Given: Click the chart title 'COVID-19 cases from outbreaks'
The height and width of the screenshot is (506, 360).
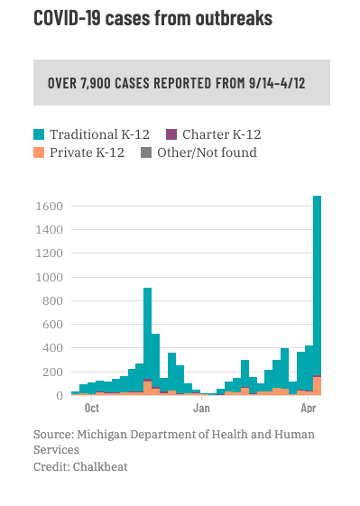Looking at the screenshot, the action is coord(152,18).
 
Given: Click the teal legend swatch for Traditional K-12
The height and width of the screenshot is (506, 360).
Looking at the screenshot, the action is coord(39,134).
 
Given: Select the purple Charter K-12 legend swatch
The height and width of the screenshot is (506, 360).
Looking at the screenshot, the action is coord(171,134).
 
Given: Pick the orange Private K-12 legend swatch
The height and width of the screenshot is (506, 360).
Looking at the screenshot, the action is coord(39,152).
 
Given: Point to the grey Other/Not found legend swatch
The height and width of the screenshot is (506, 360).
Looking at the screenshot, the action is coord(146,152).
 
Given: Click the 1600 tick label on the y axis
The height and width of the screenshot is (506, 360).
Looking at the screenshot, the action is coord(49,207).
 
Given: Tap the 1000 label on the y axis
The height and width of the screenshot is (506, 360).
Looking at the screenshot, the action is coord(49,277).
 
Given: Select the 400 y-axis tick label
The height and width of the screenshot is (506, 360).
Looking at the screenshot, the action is coord(52,348).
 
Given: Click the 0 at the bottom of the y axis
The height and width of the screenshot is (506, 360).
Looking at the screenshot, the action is coord(60,395).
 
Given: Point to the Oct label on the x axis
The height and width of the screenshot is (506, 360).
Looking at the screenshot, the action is coord(92,409).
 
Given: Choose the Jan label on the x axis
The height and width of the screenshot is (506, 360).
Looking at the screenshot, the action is coord(201,409).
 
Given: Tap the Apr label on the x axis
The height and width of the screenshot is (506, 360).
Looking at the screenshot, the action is coord(309,409).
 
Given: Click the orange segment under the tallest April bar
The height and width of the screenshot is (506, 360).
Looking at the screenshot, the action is coord(317,386).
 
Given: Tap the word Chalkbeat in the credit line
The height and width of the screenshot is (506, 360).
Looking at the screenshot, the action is coord(100,466).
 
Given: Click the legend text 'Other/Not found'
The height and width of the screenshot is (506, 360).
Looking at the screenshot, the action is coord(207,152).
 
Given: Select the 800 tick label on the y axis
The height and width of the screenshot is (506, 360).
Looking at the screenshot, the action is coord(52,300).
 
